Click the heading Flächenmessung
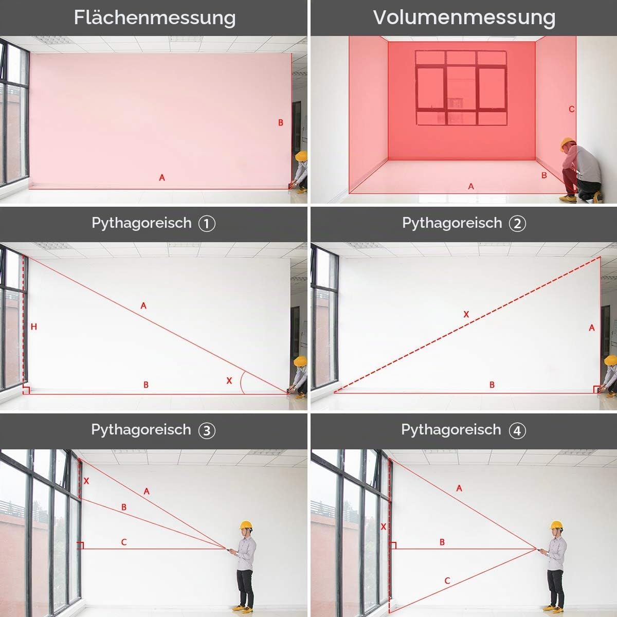point(155,17)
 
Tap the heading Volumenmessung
point(464,17)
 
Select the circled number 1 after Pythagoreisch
point(207,224)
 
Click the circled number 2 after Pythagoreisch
point(517,224)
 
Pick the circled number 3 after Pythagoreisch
point(207,430)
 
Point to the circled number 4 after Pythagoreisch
point(517,430)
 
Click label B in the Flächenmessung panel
point(281,123)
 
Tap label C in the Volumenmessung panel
point(572,109)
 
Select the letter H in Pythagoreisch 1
point(34,326)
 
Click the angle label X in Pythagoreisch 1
point(229,380)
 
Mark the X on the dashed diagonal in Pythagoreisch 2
point(466,315)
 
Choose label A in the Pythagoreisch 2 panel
point(592,328)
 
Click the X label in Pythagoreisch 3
point(86,481)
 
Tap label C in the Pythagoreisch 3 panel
point(124,542)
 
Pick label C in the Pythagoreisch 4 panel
point(447,580)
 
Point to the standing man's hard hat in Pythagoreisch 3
point(246,525)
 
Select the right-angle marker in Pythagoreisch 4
point(393,546)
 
